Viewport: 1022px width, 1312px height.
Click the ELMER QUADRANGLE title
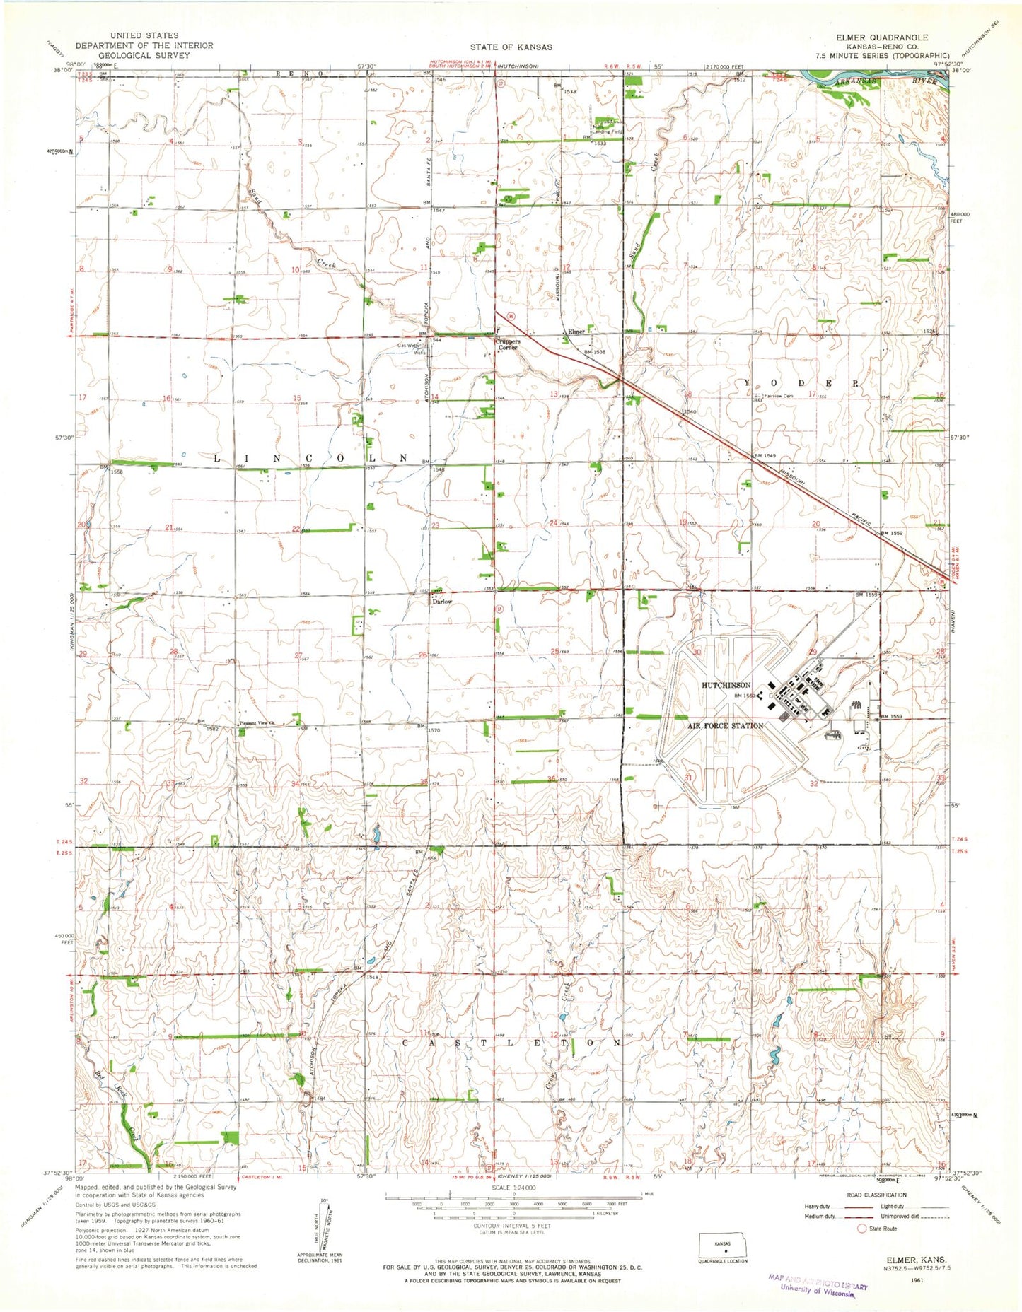pyautogui.click(x=895, y=37)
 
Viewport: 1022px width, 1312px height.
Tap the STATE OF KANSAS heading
pyautogui.click(x=511, y=47)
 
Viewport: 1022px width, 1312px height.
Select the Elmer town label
pyautogui.click(x=576, y=332)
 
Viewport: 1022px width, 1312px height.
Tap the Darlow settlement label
pyautogui.click(x=443, y=602)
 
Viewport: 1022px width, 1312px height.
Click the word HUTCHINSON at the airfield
pyautogui.click(x=726, y=686)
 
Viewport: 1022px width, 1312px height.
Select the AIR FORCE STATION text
pyautogui.click(x=726, y=725)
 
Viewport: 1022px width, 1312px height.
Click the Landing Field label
pyautogui.click(x=607, y=131)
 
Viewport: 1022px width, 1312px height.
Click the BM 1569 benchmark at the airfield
pyautogui.click(x=744, y=696)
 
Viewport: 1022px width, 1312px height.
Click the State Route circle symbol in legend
pyautogui.click(x=861, y=1229)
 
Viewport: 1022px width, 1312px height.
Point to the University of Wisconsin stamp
pyautogui.click(x=817, y=1286)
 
